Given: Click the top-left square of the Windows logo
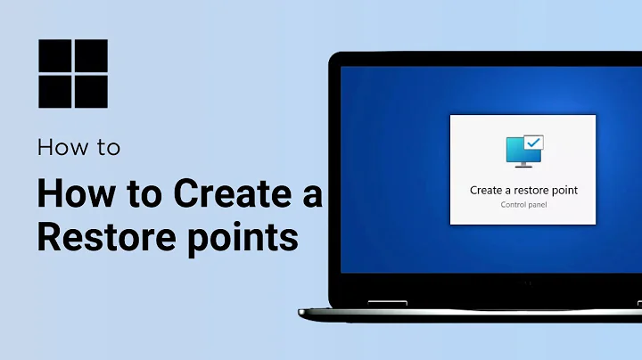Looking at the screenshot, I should [x=53, y=56].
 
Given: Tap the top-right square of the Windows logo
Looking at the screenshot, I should [x=90, y=56].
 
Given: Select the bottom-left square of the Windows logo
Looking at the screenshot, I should [x=53, y=91].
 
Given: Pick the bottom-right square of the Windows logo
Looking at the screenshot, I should [x=90, y=91].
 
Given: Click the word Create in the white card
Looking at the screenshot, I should [x=488, y=191].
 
